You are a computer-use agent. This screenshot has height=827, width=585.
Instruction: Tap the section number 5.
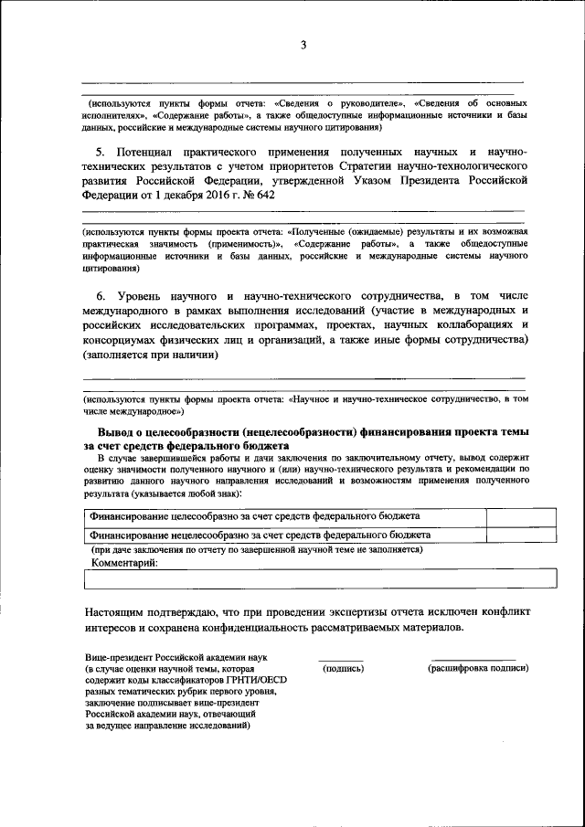pos(101,150)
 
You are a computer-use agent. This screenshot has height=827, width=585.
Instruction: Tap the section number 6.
pos(101,297)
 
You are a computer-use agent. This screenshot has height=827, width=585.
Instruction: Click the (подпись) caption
pos(344,669)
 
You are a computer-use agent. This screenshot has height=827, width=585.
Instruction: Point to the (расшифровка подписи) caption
pos(478,669)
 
